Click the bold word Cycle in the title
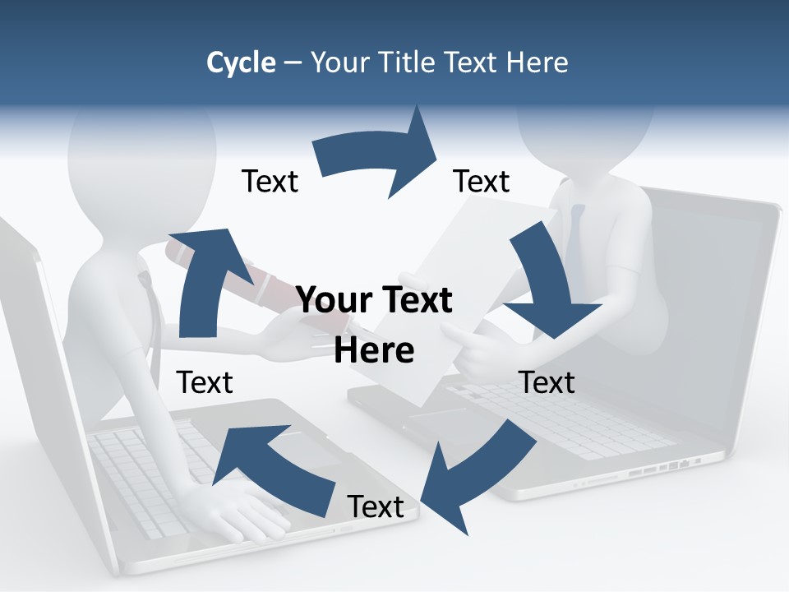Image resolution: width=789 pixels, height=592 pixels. point(241,62)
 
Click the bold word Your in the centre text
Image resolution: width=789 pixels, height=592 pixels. point(332,300)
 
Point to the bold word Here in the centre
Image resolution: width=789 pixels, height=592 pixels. point(374,350)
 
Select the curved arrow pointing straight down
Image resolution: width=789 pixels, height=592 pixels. point(547,288)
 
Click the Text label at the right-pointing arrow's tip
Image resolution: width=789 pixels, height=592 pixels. point(482,181)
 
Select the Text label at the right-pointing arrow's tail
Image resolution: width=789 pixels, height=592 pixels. point(270,181)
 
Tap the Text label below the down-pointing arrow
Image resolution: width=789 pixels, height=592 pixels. point(547,382)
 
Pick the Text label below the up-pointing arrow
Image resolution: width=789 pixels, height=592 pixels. point(205,382)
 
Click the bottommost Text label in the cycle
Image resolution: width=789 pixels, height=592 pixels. point(376,506)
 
